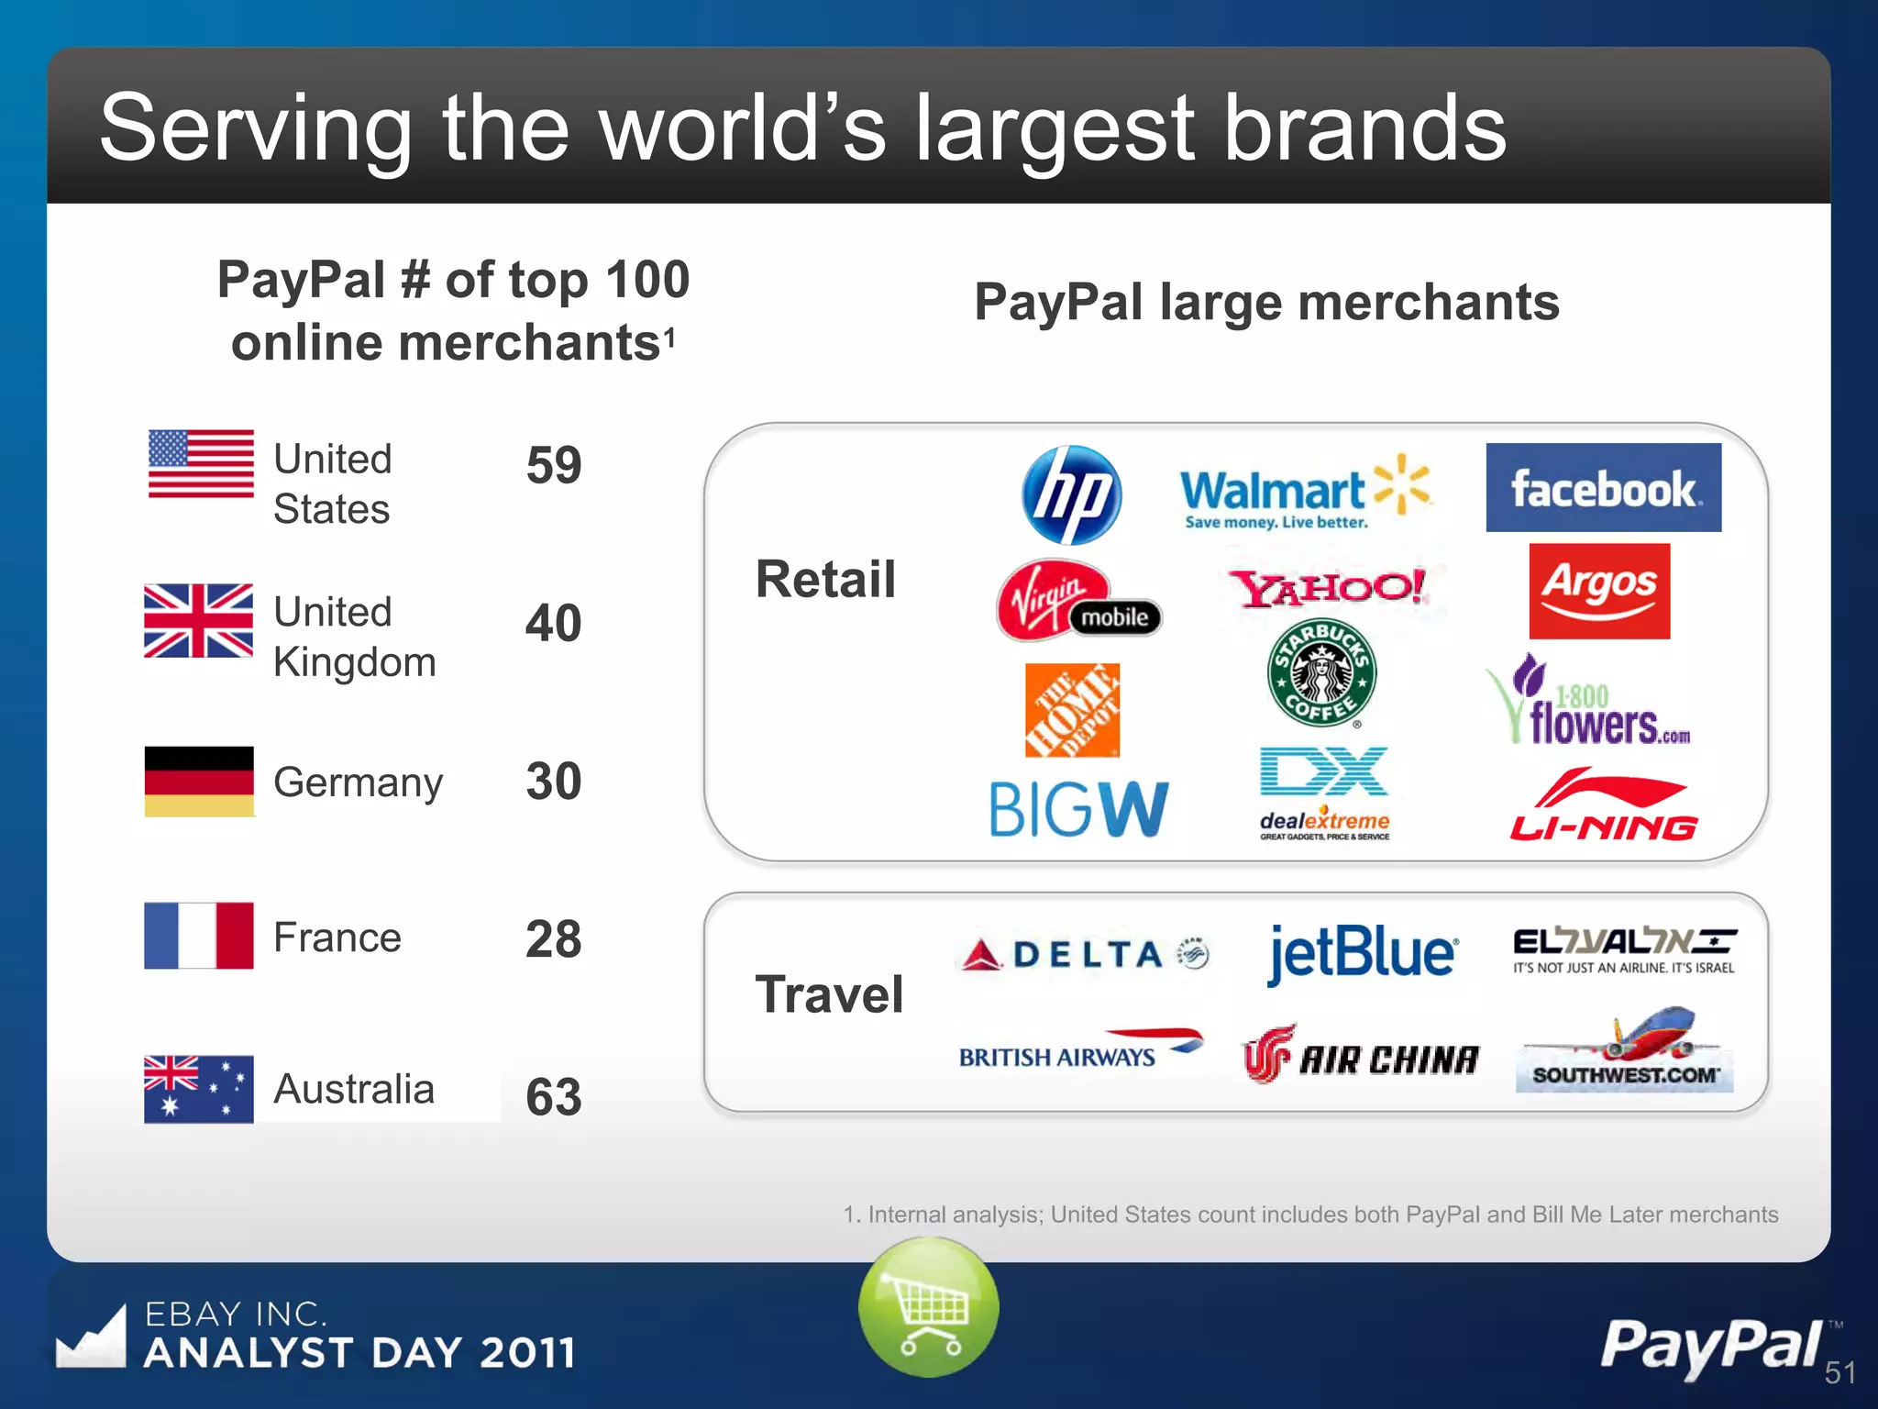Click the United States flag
click(x=201, y=464)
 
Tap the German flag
click(x=199, y=782)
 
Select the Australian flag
click(x=199, y=1089)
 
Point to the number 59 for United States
click(x=554, y=465)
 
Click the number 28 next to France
click(x=554, y=938)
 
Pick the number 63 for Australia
click(x=554, y=1096)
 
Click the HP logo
click(x=1071, y=494)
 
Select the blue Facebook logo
click(x=1603, y=488)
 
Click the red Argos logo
click(x=1599, y=591)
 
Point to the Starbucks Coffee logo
click(x=1321, y=672)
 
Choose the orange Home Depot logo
click(x=1072, y=710)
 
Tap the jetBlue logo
click(x=1363, y=954)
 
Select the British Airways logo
click(x=1079, y=1051)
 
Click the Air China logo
click(x=1361, y=1056)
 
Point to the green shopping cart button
click(x=929, y=1306)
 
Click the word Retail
click(x=825, y=580)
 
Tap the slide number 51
click(x=1839, y=1372)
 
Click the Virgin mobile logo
click(x=1077, y=602)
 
